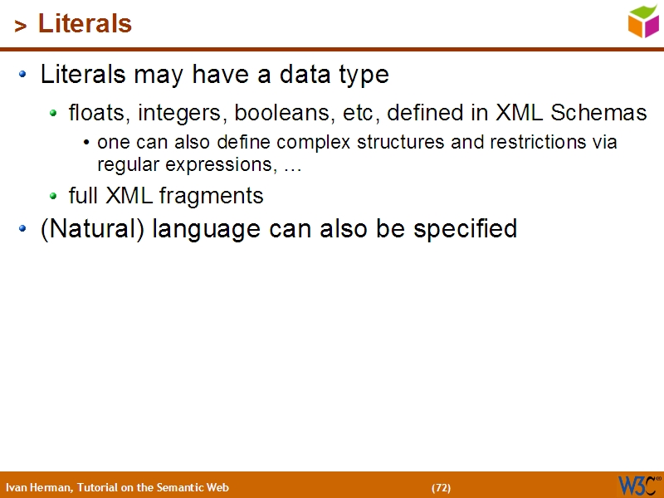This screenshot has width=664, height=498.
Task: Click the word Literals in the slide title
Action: (85, 24)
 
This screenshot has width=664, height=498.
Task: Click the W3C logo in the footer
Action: (638, 486)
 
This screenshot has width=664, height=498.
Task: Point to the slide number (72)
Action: (441, 487)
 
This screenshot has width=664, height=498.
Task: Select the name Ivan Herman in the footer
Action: (37, 487)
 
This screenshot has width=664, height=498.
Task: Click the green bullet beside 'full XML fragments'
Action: (54, 197)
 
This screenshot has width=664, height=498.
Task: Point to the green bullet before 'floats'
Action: (54, 113)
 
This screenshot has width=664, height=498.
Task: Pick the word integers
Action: (183, 112)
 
